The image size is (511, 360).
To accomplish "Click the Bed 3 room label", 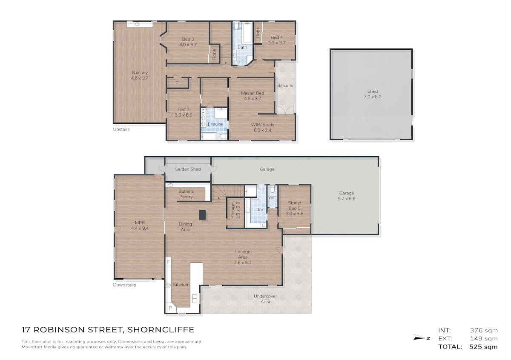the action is tap(188, 42).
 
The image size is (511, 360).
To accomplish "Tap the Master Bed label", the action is tap(253, 96).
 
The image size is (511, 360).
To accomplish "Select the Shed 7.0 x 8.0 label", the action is tap(372, 94).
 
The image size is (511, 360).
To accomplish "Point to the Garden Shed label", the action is tap(187, 169).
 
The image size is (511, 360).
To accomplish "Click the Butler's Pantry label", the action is tap(186, 194).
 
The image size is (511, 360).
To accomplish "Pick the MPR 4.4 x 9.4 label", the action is tap(140, 226).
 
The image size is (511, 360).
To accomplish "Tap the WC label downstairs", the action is tap(273, 198).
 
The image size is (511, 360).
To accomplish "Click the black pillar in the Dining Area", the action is tap(202, 215).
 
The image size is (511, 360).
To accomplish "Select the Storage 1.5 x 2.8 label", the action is tap(235, 211).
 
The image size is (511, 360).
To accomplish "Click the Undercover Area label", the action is tap(265, 299).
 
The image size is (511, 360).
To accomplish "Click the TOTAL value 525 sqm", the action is tap(484, 347).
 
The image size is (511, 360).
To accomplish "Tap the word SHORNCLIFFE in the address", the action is tap(161, 330).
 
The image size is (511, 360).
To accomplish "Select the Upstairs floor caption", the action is tap(121, 129).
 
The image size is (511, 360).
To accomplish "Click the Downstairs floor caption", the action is tap(124, 285).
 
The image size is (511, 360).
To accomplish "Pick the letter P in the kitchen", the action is tap(170, 308).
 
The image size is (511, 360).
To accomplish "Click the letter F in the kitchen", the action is tap(168, 262).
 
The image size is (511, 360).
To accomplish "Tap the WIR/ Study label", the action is tap(263, 128).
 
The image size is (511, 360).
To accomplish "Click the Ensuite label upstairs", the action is tap(215, 124).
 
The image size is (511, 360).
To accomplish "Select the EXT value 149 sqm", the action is tap(484, 339).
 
